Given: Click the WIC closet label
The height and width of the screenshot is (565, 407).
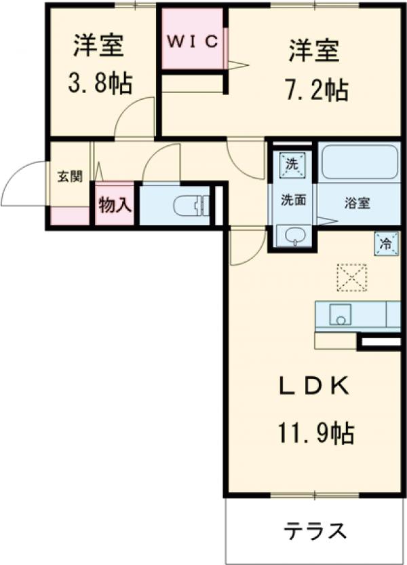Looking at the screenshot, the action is tap(193, 42).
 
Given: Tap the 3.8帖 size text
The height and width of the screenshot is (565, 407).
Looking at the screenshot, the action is tap(100, 84).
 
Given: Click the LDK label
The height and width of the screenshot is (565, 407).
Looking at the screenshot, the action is tap(315, 386).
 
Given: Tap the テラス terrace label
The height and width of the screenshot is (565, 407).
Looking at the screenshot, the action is tap(315, 530).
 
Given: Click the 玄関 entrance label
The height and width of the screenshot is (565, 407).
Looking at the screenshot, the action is tap(70, 177).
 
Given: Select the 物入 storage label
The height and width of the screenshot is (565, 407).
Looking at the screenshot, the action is tap(114, 205).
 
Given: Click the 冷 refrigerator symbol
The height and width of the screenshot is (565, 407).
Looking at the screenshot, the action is tap(386, 244).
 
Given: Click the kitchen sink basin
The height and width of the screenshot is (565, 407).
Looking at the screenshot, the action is tap(341, 314).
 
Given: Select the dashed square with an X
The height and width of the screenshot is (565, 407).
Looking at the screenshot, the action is tap(352, 278).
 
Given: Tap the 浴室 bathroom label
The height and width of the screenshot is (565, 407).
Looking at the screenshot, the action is tap(357, 203).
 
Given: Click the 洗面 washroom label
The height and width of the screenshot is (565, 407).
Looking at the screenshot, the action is tap(294, 200).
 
